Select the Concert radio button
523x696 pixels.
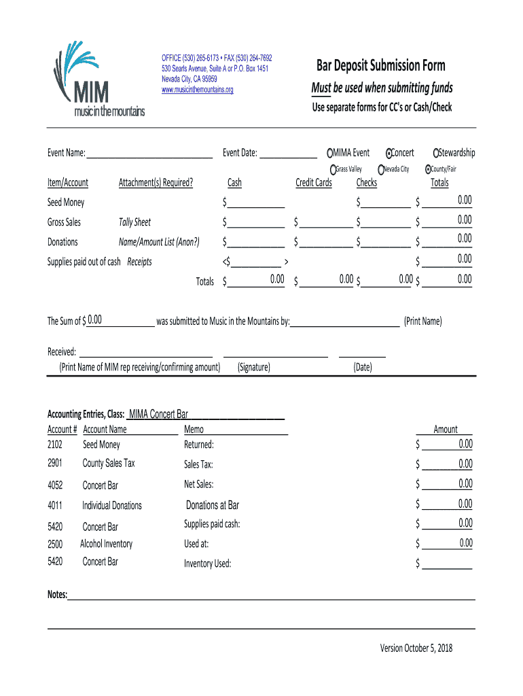389,153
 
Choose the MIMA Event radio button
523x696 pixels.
330,153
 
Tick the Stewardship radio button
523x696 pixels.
436,153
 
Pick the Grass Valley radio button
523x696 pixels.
333,169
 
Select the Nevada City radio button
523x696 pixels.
382,169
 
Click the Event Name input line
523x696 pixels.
149,154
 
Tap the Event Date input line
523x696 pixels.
288,154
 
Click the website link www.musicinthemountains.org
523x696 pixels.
197,90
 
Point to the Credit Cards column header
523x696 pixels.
314,183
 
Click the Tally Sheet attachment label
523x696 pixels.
134,222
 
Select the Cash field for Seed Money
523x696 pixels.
257,203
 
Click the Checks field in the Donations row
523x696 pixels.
385,242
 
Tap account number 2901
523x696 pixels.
55,464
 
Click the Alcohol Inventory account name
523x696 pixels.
106,544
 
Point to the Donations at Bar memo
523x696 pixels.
213,505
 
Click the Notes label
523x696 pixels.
57,595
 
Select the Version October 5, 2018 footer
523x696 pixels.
416,648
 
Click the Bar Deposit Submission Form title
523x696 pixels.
380,66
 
